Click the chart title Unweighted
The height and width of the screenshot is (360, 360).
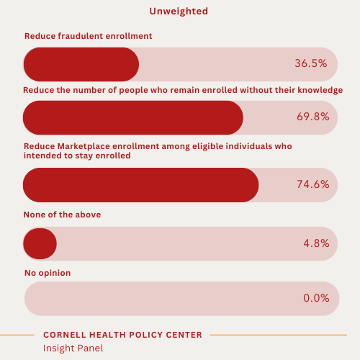click(179, 11)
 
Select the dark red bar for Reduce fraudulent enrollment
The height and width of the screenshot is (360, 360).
click(81, 64)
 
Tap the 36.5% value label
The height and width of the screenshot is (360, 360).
click(310, 63)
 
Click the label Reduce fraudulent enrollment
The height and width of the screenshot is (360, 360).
click(88, 35)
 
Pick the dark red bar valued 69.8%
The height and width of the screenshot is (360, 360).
click(133, 117)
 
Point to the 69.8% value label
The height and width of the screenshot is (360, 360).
click(312, 117)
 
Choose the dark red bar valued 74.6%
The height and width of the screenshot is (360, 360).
click(140, 184)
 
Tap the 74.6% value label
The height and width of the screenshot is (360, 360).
click(312, 184)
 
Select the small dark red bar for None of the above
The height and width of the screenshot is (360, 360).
click(40, 243)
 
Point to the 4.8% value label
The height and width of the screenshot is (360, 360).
click(316, 243)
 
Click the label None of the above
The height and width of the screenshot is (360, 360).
click(62, 215)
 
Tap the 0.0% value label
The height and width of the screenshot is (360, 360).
click(316, 298)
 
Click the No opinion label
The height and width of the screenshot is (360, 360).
click(48, 273)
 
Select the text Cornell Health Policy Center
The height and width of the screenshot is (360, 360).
click(122, 335)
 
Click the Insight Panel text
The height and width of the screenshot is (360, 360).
click(73, 348)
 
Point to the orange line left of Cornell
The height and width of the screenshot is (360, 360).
click(17, 335)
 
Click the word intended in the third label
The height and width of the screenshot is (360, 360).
click(42, 155)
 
